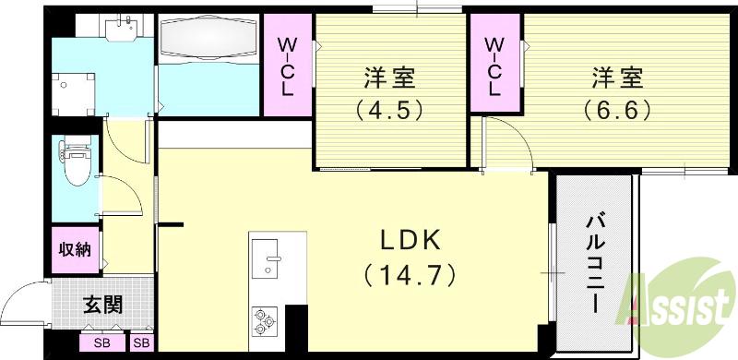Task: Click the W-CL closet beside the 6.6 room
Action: [494, 66]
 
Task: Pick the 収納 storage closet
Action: [75, 249]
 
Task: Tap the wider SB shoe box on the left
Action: [101, 343]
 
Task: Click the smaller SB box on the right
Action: [141, 343]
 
